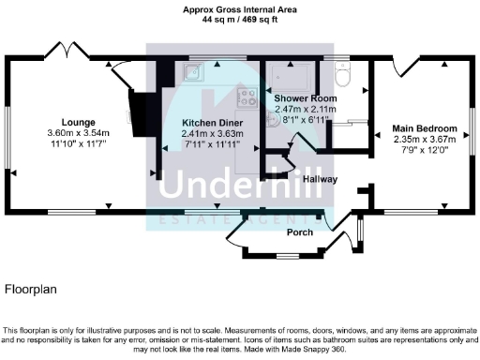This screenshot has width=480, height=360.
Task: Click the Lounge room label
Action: click(79, 122)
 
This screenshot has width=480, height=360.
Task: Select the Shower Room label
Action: click(298, 97)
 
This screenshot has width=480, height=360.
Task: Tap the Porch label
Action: click(299, 232)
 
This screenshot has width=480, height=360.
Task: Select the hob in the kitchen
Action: click(247, 96)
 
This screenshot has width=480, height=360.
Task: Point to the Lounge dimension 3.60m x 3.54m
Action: click(79, 133)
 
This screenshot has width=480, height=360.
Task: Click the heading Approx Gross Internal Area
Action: click(239, 9)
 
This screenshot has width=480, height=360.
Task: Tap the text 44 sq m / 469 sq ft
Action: click(239, 19)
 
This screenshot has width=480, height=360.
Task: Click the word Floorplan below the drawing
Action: click(31, 291)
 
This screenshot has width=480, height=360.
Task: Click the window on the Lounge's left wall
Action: click(9, 130)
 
